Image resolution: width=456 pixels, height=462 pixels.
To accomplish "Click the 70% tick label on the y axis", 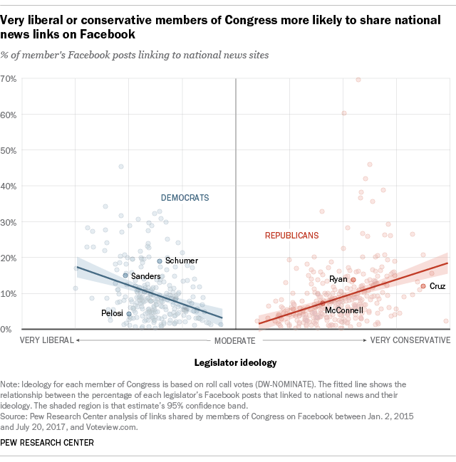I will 10,78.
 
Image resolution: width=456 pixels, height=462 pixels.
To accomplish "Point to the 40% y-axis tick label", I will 10,186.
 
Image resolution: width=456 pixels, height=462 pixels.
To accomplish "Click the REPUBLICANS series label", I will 291,235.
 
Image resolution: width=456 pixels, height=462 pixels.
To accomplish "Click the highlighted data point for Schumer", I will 160,261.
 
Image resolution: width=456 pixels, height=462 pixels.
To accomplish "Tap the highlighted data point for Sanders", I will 125,275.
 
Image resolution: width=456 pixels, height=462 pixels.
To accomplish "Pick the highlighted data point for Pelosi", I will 129,313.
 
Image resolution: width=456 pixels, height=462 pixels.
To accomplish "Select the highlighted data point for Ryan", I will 353,280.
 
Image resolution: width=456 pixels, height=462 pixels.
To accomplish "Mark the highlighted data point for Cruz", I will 423,286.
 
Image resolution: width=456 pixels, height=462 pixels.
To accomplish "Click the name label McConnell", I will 344,310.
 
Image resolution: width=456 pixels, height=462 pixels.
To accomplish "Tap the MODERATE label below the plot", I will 235,340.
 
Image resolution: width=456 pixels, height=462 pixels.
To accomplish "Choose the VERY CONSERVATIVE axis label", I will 410,340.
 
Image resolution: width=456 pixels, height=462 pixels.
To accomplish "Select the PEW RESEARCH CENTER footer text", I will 48,443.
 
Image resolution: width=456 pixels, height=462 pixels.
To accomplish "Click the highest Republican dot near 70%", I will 358,79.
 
